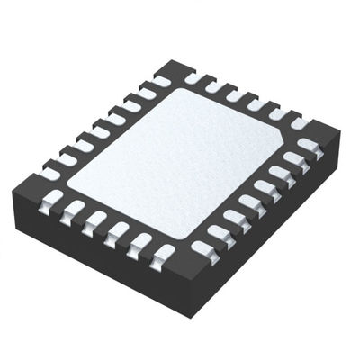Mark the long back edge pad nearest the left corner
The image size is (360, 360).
point(53,167)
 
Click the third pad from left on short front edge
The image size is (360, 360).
point(94,220)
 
